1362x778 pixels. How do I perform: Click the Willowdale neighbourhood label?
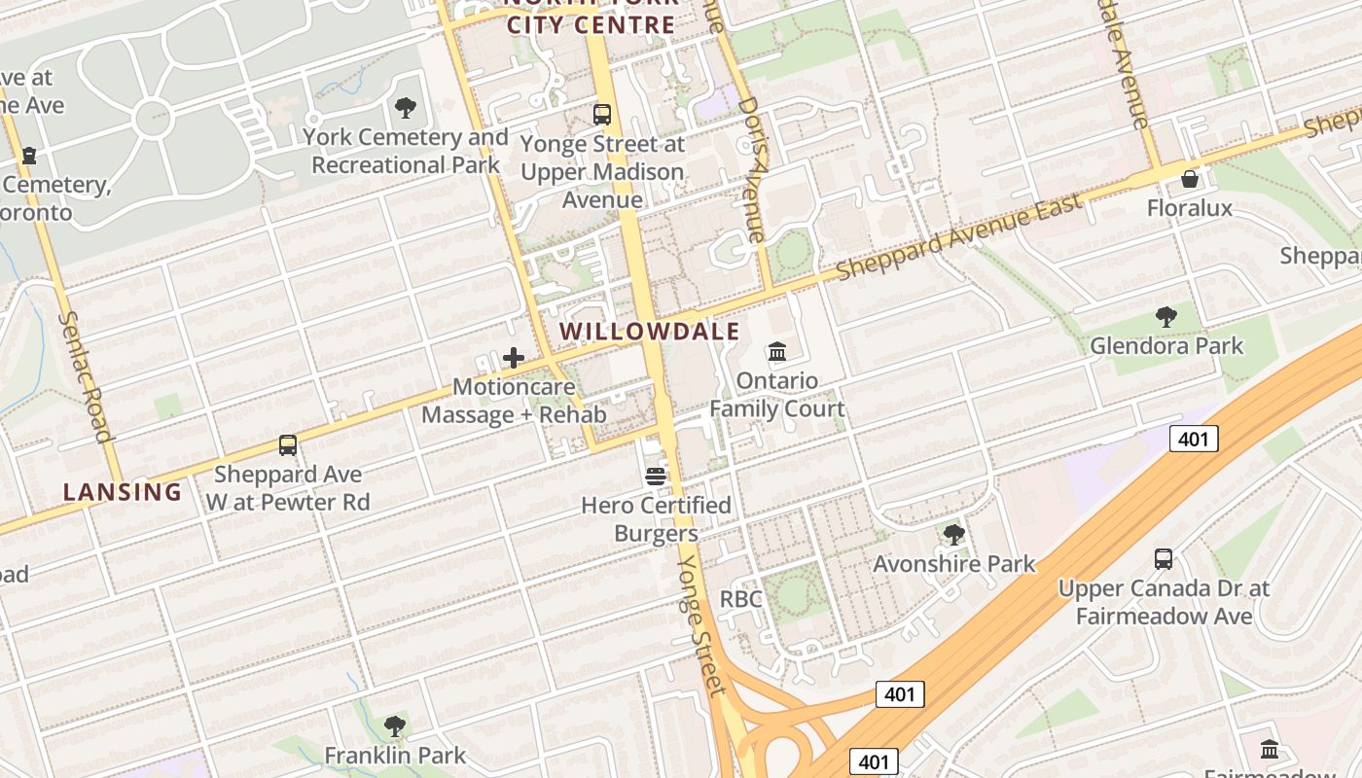click(650, 331)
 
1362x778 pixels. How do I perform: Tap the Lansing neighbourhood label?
click(123, 492)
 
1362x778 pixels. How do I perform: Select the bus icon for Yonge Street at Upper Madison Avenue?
click(602, 114)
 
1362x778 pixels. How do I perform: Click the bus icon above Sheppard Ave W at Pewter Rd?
click(288, 445)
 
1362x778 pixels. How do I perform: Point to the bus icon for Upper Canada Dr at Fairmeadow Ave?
click(1164, 559)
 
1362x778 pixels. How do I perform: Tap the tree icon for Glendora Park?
click(1165, 316)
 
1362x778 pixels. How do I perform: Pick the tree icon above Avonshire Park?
click(954, 534)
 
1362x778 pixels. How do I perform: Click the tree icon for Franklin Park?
click(395, 725)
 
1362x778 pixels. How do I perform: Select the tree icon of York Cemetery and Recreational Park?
click(406, 108)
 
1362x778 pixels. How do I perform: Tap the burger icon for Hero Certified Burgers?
click(656, 477)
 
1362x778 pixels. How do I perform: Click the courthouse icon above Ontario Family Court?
click(777, 351)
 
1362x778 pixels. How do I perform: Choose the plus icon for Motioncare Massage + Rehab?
click(514, 358)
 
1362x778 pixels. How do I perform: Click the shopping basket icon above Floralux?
click(1189, 179)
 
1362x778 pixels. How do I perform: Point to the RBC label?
click(740, 599)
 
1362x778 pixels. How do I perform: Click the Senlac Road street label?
click(87, 376)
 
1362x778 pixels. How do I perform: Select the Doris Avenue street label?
click(753, 168)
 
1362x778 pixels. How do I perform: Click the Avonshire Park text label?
click(954, 564)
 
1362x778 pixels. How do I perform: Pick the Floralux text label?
click(1189, 208)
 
